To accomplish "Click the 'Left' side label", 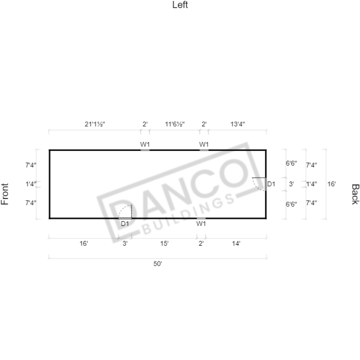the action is [180, 5].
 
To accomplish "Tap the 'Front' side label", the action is [5, 194].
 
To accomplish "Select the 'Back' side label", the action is [355, 194].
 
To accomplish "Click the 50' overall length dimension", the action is [158, 264].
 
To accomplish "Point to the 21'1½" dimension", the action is [95, 124].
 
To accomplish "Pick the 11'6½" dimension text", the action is [175, 124].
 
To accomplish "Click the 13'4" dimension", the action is [237, 124].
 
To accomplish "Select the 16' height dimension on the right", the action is [331, 184].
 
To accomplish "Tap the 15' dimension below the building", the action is [164, 244].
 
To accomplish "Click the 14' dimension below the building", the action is [236, 244].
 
